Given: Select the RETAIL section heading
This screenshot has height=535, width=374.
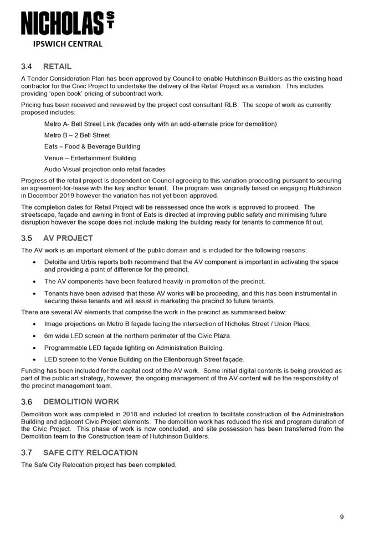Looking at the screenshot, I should click(57, 67).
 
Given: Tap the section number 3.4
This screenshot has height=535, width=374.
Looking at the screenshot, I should click(27, 67).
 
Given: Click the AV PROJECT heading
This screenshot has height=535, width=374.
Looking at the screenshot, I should click(68, 238).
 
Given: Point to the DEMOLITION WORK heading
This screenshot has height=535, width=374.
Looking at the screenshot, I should click(81, 401).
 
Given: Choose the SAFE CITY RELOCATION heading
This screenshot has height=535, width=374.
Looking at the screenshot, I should click(90, 452).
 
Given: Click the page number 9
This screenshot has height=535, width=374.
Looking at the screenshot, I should click(342, 517).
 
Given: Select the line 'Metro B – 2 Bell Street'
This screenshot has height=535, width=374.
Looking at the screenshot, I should click(77, 135).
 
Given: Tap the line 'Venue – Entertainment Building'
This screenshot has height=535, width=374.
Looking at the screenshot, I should click(90, 158).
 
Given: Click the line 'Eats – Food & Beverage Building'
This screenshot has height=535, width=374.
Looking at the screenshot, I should click(92, 146).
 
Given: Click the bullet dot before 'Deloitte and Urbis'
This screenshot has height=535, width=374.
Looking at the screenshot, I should click(35, 262).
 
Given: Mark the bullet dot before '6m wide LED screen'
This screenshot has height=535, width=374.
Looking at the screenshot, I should click(35, 336).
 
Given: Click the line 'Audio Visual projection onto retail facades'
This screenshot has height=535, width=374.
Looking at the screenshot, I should click(105, 169).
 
